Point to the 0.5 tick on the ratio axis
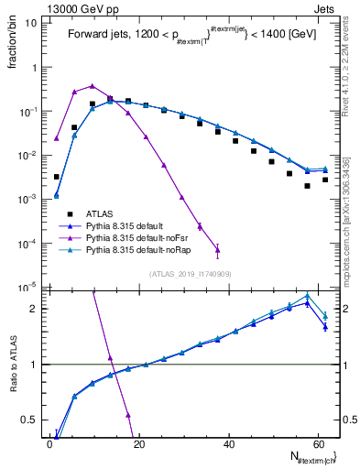tap(32, 420)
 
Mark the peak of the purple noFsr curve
tap(92, 86)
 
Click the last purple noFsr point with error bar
tap(217, 248)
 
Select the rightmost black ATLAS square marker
tap(325, 180)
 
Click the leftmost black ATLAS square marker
tap(56, 177)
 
